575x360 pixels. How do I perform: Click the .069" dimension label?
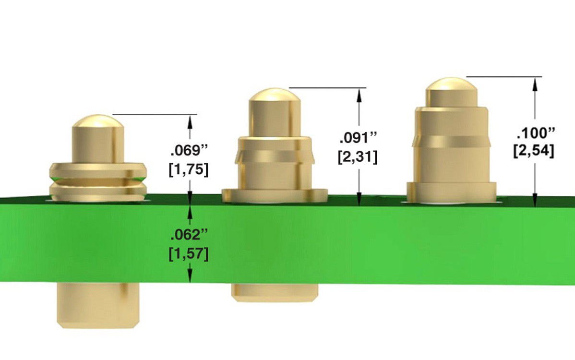(189, 150)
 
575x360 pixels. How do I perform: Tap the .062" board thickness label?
(189, 235)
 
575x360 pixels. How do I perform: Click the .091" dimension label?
(359, 137)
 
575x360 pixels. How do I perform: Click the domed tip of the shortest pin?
(98, 122)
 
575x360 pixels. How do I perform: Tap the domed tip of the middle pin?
(274, 96)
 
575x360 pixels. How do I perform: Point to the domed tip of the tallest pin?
(452, 85)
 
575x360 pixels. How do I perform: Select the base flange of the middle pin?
(275, 195)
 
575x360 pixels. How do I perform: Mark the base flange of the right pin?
(451, 191)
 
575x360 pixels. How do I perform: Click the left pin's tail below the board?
(98, 305)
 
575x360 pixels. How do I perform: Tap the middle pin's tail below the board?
(275, 292)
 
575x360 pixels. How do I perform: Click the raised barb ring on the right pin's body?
(451, 141)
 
